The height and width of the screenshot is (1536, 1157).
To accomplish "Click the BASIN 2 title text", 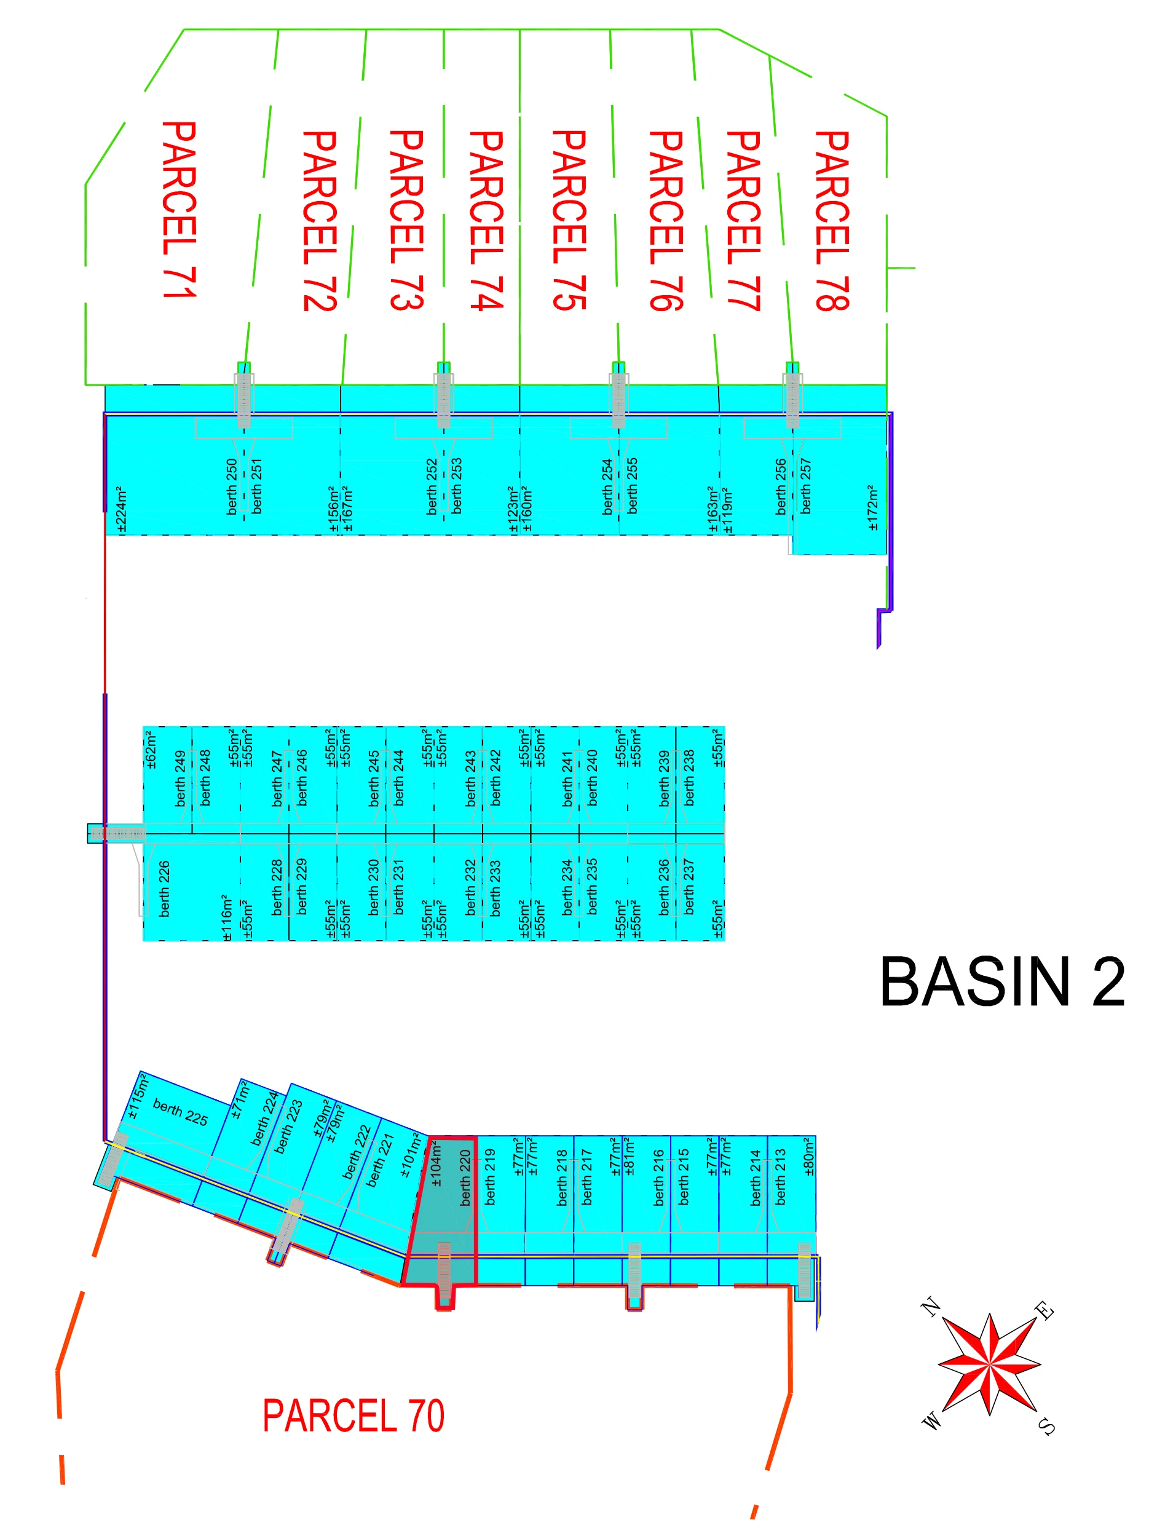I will coord(1001,981).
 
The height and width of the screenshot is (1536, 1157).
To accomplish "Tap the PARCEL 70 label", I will coord(353,1416).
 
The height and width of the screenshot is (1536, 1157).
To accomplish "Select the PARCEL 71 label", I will coord(179,210).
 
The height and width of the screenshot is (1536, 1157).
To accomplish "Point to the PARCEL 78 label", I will coord(832,221).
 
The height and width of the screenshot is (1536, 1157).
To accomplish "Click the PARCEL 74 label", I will coord(486,221).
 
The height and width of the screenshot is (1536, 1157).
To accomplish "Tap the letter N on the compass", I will coord(931,1308).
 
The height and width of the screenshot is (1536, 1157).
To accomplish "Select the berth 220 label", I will coord(465,1178).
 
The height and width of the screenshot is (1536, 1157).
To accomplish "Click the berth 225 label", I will coord(180,1112).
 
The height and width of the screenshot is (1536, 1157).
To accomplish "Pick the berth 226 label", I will coord(164,889).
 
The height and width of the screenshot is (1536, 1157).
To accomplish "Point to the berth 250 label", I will coord(232,486).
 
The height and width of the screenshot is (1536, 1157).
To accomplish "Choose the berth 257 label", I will coord(806,486).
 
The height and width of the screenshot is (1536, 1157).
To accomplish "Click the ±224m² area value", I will coord(122,509).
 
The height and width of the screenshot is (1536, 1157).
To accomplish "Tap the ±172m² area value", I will coord(872,509).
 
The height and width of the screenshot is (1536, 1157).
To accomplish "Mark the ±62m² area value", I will coord(151,748).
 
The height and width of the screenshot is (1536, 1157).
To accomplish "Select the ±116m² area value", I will coord(227,917).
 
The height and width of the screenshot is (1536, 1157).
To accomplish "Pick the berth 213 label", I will coord(781,1177).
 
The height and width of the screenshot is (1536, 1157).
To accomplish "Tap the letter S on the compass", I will coord(1046,1427).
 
